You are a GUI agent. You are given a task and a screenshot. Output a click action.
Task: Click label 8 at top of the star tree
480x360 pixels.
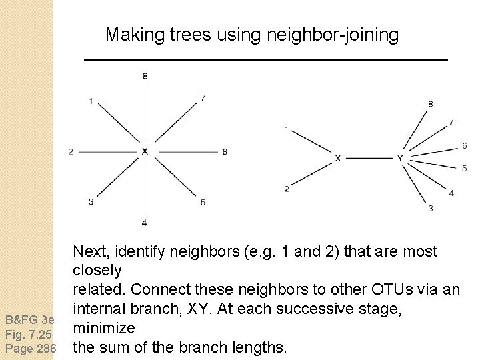click(145, 76)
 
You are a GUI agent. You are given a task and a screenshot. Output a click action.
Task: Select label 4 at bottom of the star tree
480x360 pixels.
click(145, 222)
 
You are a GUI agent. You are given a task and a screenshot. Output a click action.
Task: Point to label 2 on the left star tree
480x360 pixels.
click(71, 152)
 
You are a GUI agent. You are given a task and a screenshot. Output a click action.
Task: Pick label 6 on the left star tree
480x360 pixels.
click(225, 152)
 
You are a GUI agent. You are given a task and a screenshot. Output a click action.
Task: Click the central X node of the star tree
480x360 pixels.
click(145, 151)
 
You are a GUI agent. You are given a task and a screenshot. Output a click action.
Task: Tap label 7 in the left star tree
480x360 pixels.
click(203, 98)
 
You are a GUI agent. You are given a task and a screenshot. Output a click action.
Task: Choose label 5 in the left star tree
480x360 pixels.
click(203, 202)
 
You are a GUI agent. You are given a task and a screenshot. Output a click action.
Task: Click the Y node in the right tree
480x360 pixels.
click(400, 158)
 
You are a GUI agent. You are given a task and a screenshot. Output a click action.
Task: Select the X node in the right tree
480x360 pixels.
click(338, 158)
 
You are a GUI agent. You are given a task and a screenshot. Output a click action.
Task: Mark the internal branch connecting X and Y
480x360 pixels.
click(369, 158)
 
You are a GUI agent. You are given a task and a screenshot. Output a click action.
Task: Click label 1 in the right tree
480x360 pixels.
click(286, 129)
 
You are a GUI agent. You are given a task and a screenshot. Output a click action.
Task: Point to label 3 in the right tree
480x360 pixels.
click(430, 209)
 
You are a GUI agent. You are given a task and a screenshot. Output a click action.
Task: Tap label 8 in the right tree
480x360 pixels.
click(430, 104)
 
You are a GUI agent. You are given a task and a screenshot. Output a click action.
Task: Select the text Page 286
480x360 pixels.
click(29, 347)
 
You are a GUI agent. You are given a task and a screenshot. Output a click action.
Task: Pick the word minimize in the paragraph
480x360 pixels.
click(104, 328)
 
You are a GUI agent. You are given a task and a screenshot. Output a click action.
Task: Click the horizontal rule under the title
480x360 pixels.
click(265, 61)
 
